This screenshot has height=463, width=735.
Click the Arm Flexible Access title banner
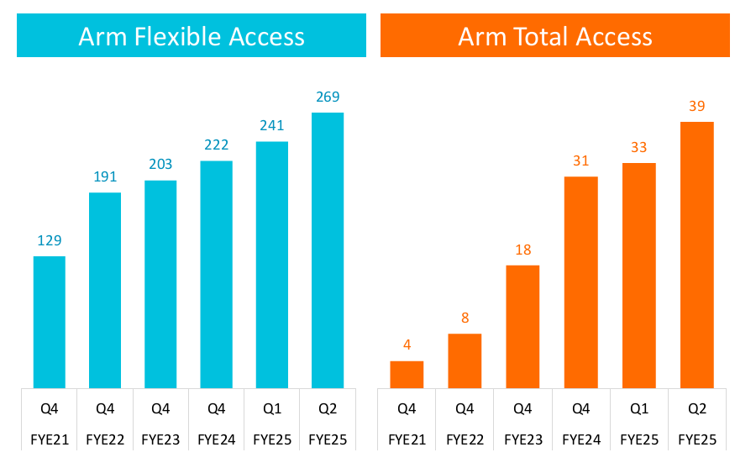[192, 36]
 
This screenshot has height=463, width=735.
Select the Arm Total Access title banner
[554, 36]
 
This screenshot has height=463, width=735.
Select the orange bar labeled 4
[407, 375]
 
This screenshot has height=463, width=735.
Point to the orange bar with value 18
[522, 327]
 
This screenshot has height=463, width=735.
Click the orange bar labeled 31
[580, 282]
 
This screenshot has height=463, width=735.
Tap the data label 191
[105, 177]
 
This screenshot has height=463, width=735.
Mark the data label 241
[272, 126]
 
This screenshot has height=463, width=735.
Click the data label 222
[217, 145]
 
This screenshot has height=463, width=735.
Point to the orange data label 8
[465, 318]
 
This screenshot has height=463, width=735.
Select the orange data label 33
[638, 147]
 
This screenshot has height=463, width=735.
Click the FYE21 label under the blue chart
[50, 439]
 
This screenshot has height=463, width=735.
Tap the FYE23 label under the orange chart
[522, 439]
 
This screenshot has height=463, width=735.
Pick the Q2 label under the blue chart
[328, 409]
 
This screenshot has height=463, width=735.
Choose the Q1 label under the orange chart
[638, 409]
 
